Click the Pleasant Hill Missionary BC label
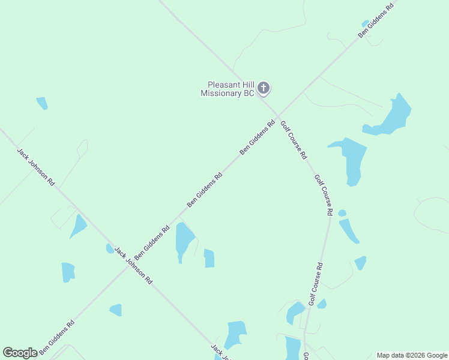[x=228, y=89]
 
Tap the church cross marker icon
[x=263, y=89]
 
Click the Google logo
[x=20, y=353]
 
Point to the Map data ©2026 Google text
[x=412, y=355]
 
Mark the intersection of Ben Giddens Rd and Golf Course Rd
[x=278, y=116]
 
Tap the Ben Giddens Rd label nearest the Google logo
[x=56, y=337]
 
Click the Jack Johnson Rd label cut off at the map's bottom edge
[x=220, y=352]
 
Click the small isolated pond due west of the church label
[x=42, y=103]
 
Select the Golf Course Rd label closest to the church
[x=294, y=139]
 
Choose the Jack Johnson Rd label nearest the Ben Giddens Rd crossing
[x=133, y=265]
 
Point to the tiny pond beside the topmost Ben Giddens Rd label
[x=365, y=23]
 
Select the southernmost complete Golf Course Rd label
[x=316, y=284]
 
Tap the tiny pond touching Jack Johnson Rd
[x=110, y=248]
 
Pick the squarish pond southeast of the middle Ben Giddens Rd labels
[x=209, y=258]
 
